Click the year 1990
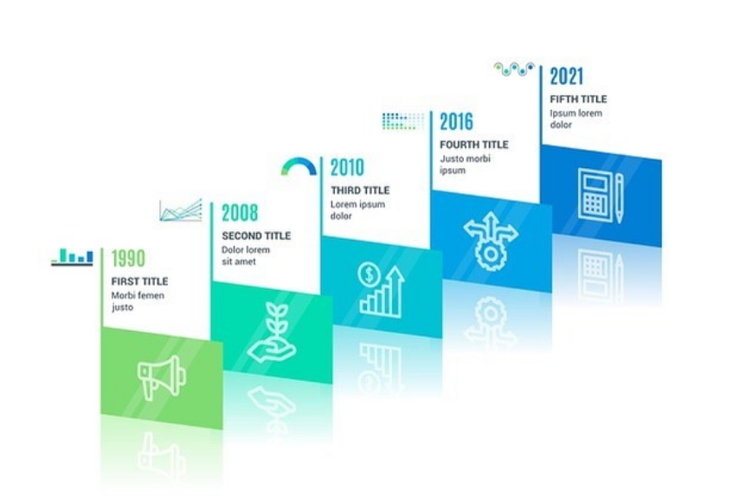[x=128, y=259]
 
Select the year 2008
[x=240, y=213]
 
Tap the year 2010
[x=347, y=168]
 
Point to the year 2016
[x=456, y=122]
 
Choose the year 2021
[x=566, y=76]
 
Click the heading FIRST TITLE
[x=139, y=281]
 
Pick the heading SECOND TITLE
[x=256, y=236]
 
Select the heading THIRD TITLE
[x=360, y=190]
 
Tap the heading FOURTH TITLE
[x=474, y=145]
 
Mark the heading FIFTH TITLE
[x=578, y=99]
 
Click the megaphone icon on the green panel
[x=161, y=377]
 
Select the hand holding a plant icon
[x=271, y=332]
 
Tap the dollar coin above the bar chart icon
[x=370, y=274]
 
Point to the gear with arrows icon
[x=491, y=241]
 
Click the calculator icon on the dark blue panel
[x=595, y=195]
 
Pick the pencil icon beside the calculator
[x=619, y=198]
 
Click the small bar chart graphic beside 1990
[x=73, y=257]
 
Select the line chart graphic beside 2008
[x=181, y=210]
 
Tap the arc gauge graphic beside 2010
[x=299, y=164]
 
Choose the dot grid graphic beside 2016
[x=403, y=121]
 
